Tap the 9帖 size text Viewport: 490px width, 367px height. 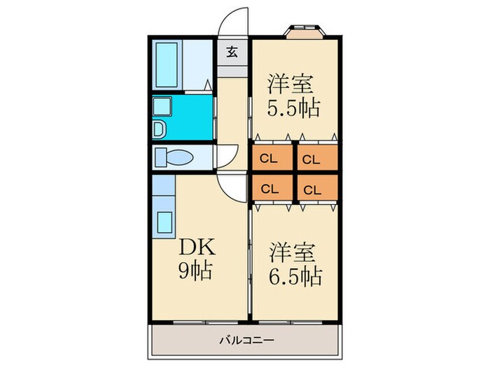(x=193, y=268)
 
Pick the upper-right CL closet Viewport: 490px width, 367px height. (x=312, y=159)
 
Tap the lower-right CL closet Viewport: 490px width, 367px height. (x=312, y=188)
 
